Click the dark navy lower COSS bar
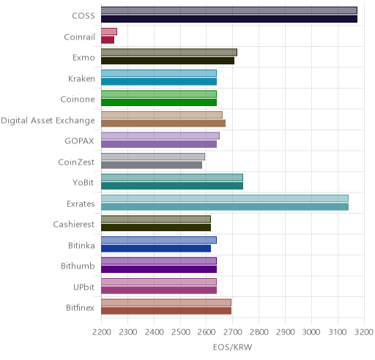[229, 19]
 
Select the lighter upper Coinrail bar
[109, 31]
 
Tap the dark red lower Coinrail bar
[108, 40]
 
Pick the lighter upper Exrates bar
[225, 198]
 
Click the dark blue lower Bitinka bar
[156, 249]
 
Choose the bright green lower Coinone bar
[159, 102]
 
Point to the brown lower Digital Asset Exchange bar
[163, 124]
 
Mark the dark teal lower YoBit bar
[172, 186]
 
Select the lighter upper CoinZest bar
[153, 157]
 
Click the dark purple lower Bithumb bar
[159, 269]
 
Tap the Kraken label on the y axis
[81, 79]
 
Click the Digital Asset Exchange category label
[48, 121]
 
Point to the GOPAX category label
[79, 141]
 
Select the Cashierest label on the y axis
[74, 225]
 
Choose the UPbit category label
[83, 287]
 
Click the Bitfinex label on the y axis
[80, 308]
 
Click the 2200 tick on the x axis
[102, 332]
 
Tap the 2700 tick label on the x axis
[233, 332]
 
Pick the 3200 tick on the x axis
[364, 332]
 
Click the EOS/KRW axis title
[232, 347]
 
